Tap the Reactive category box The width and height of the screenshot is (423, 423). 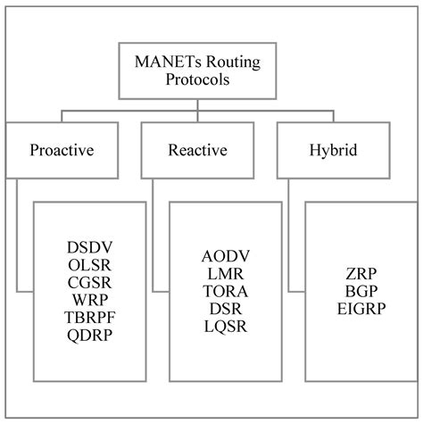tap(195, 149)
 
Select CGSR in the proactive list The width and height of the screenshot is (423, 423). tap(90, 282)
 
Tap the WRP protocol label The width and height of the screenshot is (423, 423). tap(90, 300)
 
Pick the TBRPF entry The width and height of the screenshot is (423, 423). tap(90, 318)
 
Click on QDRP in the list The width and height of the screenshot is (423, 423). tap(90, 336)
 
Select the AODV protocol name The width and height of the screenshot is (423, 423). tap(226, 256)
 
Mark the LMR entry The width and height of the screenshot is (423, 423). tap(226, 273)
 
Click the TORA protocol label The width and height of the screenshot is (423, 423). tap(226, 291)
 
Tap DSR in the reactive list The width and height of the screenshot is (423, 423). tap(226, 309)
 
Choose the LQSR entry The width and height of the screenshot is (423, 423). tap(226, 327)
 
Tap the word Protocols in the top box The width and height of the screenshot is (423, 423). tap(211, 80)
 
